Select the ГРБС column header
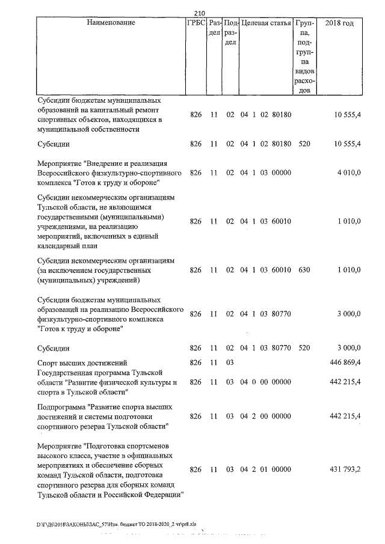tap(196, 23)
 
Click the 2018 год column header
tap(339, 23)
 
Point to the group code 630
tap(304, 270)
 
